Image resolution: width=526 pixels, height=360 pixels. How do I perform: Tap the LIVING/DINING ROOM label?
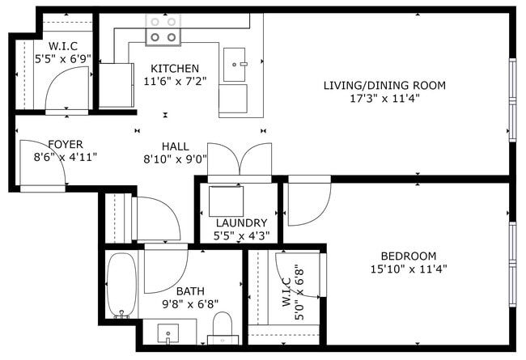tap(384, 85)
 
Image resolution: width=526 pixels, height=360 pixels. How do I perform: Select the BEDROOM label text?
tap(408, 256)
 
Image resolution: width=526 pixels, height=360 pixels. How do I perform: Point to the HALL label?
tap(175, 146)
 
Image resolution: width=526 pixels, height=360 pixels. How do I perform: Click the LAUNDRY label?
tap(241, 222)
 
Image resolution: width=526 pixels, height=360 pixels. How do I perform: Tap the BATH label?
tap(189, 290)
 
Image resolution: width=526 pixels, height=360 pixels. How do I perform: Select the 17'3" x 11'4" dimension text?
tap(384, 99)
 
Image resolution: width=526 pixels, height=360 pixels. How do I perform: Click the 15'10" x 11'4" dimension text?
tap(408, 269)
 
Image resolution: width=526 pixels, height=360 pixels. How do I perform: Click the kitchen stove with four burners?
tap(163, 31)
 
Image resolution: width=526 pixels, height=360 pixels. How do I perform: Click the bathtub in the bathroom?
tap(122, 286)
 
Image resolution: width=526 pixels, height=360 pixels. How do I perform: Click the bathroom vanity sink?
tap(168, 332)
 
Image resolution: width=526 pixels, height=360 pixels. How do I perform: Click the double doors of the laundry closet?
tap(240, 159)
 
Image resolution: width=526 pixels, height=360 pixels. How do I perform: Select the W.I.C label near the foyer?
tap(62, 45)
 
